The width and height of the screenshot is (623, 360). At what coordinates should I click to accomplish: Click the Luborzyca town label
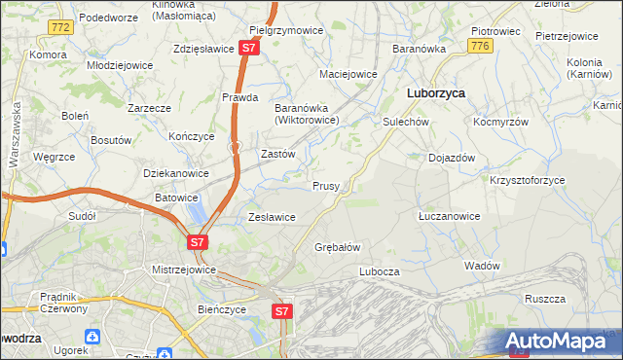coord(434,93)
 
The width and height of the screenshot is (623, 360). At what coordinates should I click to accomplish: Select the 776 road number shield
coord(478,46)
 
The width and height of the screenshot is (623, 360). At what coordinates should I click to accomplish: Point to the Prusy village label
coord(325,186)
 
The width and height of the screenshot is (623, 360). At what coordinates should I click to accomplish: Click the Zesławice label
coord(273,217)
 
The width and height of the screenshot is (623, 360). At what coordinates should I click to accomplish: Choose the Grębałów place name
coord(338,247)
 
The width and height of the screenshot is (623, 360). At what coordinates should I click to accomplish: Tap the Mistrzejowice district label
coord(182,268)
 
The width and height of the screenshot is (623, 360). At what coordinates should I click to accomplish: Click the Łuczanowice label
coord(449,216)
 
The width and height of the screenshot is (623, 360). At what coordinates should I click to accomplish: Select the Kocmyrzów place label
coord(500,123)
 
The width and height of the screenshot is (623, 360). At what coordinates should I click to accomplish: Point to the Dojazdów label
coord(452,158)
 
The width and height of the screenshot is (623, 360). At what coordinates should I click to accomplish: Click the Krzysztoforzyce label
coord(527,181)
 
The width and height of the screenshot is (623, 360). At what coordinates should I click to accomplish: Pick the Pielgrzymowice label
coord(286,30)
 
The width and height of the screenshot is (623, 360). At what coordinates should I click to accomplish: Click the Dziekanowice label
coord(176,173)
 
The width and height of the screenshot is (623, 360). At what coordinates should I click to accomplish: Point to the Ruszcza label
coord(545,299)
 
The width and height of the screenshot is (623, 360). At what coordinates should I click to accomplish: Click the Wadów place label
coord(482,266)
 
